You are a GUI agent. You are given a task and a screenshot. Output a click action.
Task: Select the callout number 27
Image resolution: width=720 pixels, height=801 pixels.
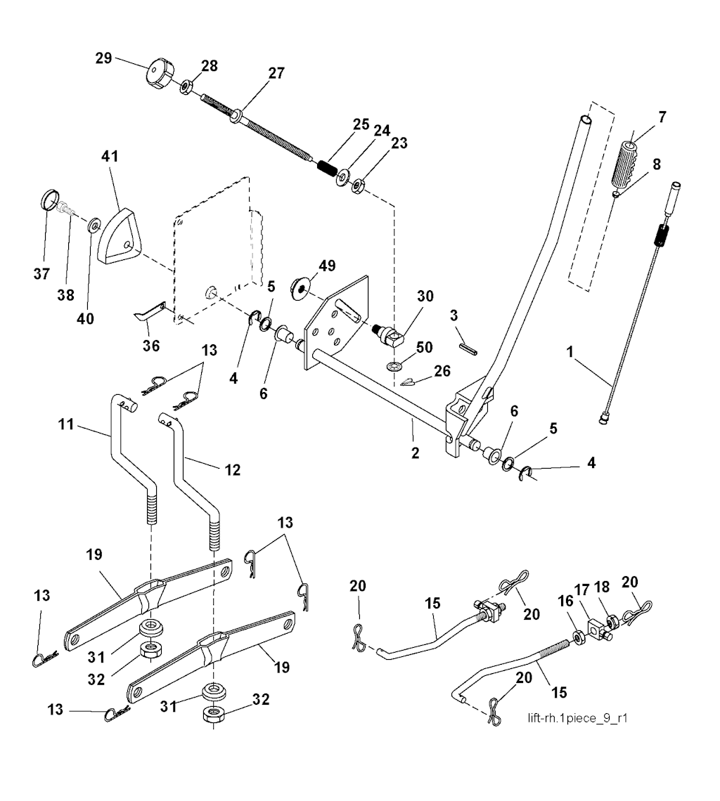click(x=276, y=72)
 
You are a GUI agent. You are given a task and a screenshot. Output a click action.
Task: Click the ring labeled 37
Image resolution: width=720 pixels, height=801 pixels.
click(x=48, y=200)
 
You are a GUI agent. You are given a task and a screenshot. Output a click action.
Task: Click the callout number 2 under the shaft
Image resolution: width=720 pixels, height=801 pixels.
click(x=415, y=453)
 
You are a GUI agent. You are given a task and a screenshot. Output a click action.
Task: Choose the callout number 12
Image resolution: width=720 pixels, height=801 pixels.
click(x=232, y=469)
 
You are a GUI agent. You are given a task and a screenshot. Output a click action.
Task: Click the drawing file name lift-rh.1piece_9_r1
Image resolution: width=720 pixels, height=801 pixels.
click(x=577, y=719)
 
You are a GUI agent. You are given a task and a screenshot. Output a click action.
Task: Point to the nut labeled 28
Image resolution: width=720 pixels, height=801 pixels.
click(x=187, y=87)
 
